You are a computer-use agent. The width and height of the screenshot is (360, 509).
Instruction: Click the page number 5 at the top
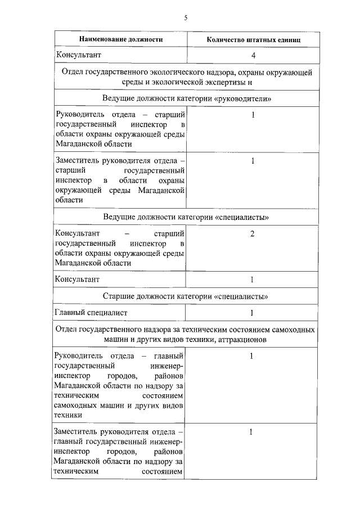click(x=185, y=17)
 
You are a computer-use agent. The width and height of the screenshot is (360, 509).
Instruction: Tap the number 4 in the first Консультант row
click(x=253, y=56)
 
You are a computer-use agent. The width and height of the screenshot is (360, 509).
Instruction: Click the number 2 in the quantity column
click(x=253, y=234)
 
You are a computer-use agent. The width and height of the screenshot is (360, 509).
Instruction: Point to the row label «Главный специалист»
click(x=91, y=313)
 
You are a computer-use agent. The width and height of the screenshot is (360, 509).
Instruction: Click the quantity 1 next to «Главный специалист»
click(x=252, y=313)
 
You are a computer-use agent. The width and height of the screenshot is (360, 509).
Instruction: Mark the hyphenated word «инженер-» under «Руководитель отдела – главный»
click(x=168, y=366)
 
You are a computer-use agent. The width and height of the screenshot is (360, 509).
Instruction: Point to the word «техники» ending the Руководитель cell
click(x=69, y=415)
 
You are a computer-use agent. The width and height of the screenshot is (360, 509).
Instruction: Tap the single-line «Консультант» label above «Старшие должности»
click(x=77, y=279)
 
